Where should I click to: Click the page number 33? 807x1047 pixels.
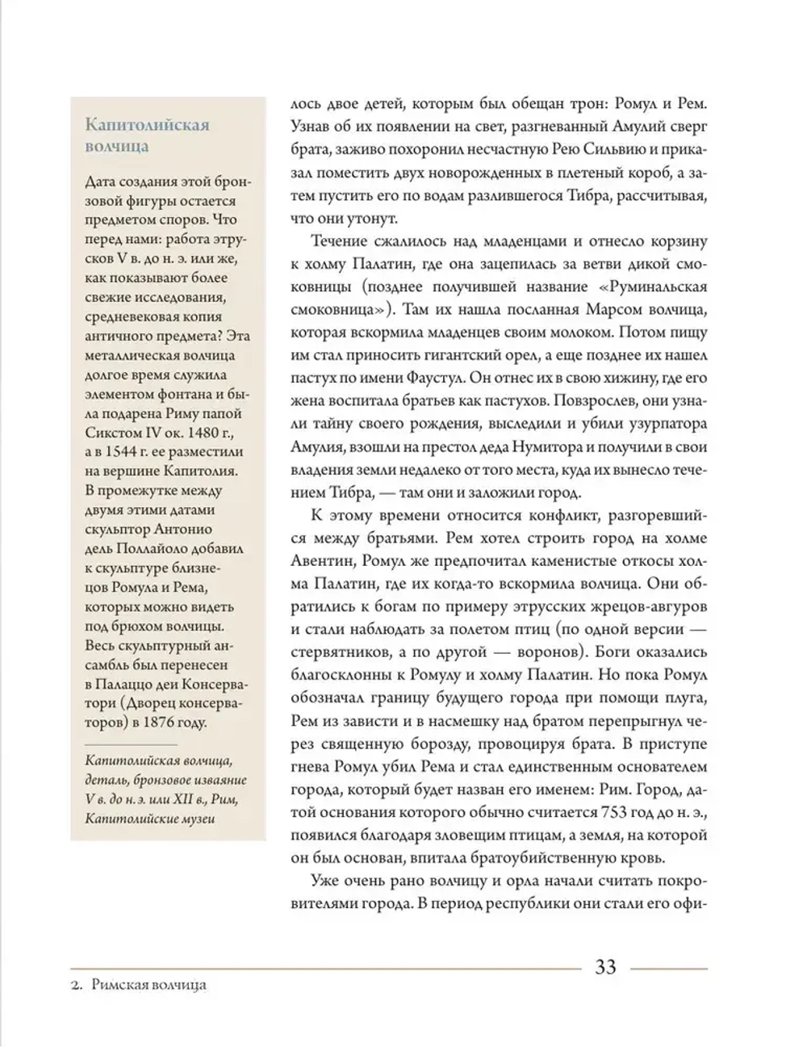(x=605, y=966)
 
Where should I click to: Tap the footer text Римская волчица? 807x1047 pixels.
(x=149, y=985)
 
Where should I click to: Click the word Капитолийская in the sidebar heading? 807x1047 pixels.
(x=147, y=125)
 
